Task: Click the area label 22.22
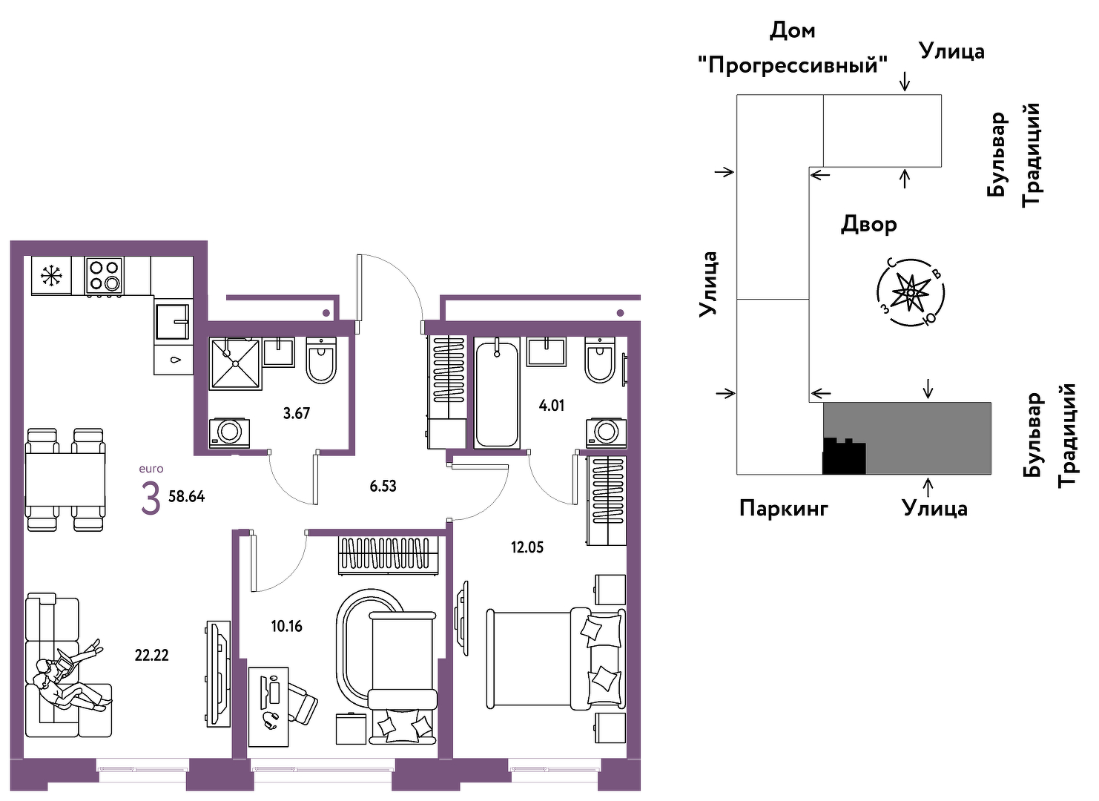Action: tap(151, 655)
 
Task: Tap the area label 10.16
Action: tap(286, 626)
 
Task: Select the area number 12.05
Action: tap(527, 547)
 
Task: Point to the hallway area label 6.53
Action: tap(383, 486)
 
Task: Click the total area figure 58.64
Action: tap(186, 496)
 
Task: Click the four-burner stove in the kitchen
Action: tap(104, 276)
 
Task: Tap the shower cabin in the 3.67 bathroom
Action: tap(236, 363)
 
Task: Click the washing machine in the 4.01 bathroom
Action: tap(606, 432)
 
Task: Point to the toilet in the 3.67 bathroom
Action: tap(321, 360)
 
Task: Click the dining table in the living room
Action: tap(65, 480)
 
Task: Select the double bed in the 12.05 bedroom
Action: tap(556, 659)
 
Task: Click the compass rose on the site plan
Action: tap(910, 292)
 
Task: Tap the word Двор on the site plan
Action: tap(869, 225)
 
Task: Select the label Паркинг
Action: tap(784, 509)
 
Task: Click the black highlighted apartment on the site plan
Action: tap(843, 456)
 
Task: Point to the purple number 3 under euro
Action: tap(151, 498)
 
